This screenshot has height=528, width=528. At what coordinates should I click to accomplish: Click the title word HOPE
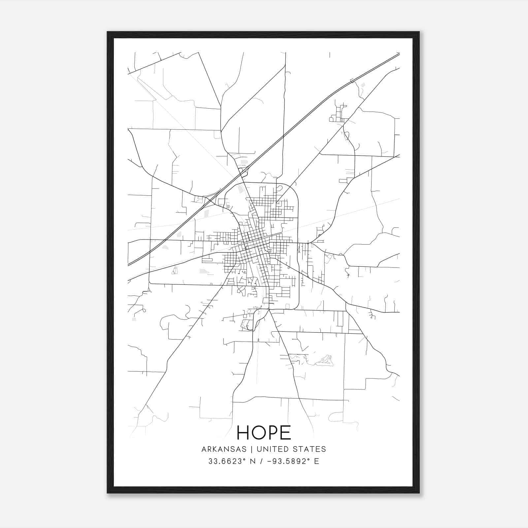coord(264,433)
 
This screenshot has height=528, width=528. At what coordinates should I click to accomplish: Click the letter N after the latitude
coord(253,461)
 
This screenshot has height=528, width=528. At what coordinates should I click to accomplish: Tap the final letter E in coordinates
coord(317,461)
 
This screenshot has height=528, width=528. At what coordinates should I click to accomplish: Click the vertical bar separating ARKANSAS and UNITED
coord(251,449)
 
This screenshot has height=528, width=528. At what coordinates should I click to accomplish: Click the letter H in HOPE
coord(243,433)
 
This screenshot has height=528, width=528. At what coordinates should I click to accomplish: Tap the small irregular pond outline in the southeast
coord(325,361)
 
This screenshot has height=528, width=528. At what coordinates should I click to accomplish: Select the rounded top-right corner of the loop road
coord(295,188)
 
